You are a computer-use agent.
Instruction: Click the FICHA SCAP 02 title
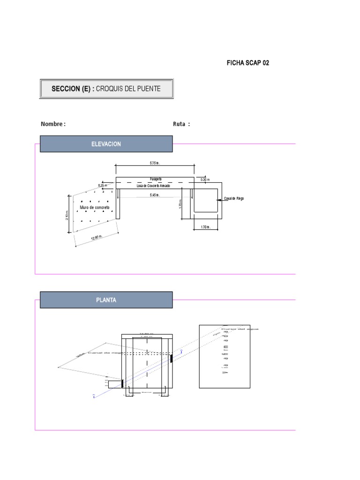248,63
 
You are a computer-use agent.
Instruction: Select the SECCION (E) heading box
106,89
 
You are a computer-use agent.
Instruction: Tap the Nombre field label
53,124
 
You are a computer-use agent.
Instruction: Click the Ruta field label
182,124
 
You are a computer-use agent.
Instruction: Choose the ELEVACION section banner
106,144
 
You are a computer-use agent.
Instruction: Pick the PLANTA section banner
106,300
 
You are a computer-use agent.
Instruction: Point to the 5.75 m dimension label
155,163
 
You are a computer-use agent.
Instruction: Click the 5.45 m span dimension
155,195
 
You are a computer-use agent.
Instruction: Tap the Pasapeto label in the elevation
157,179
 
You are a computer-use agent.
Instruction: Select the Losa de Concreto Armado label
153,186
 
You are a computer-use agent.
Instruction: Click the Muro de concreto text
95,207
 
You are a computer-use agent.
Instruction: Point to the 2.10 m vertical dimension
67,215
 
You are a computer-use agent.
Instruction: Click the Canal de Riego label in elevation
234,199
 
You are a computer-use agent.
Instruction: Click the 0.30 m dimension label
205,180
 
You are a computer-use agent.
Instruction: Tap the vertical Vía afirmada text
225,356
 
